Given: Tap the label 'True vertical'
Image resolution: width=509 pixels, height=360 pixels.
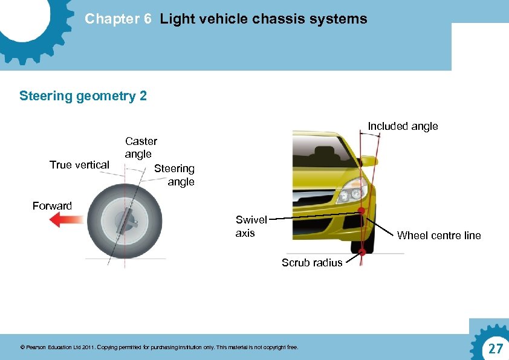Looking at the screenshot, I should [x=79, y=165].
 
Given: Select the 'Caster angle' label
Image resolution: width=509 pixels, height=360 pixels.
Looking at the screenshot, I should [x=141, y=147].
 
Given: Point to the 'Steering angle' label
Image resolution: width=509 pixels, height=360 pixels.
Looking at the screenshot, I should [x=175, y=175].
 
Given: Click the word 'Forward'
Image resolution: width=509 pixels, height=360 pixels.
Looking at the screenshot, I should [x=52, y=206].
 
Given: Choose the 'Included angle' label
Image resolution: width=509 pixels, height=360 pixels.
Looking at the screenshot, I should [x=403, y=126].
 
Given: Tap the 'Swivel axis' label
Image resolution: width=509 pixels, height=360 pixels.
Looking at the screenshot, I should [x=250, y=227].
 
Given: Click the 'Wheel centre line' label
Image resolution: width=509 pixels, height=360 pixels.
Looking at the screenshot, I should [x=439, y=236].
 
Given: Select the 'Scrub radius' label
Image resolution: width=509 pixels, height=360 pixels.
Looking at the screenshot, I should [x=312, y=263].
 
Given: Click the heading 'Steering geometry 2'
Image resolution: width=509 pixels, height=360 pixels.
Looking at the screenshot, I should [x=83, y=96].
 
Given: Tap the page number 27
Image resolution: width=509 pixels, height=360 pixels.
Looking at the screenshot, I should [x=495, y=349].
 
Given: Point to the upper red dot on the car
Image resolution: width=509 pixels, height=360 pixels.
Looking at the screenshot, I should [x=361, y=211].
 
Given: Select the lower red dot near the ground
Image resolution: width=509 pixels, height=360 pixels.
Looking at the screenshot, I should [x=361, y=252].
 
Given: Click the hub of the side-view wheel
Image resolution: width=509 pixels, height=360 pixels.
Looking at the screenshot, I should [x=128, y=220].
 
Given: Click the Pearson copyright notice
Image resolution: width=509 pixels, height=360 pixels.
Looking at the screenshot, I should [x=159, y=347].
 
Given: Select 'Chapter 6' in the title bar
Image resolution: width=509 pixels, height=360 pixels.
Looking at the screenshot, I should [x=118, y=19].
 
